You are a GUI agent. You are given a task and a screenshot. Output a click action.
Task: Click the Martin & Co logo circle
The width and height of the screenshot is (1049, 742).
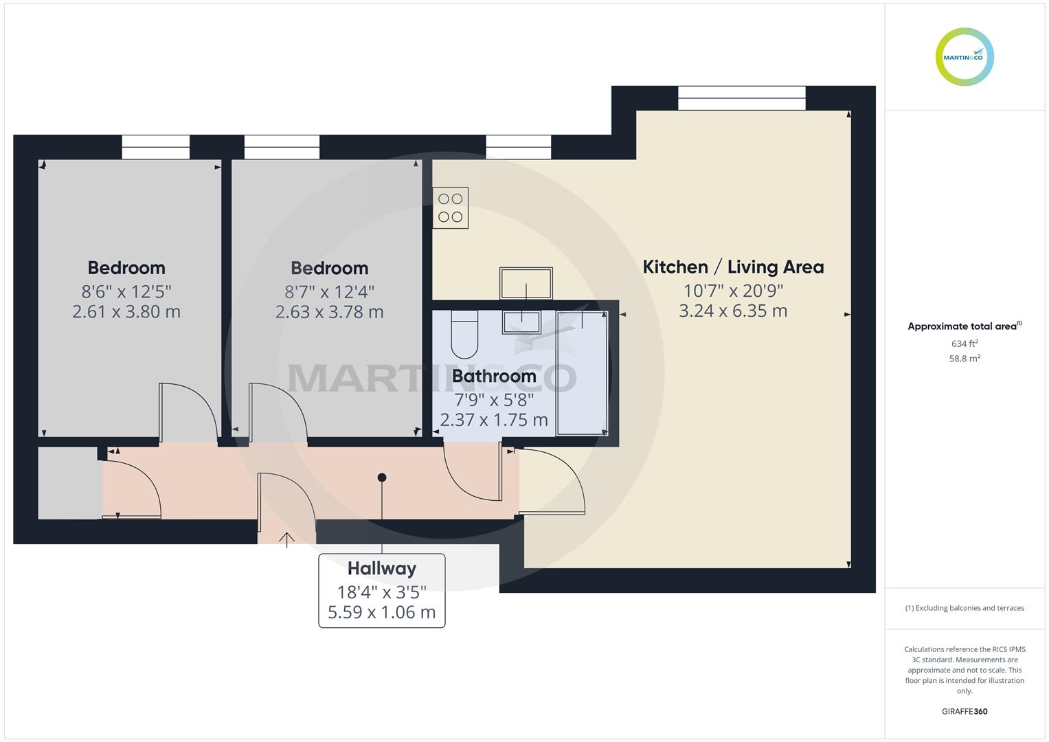(x=965, y=57)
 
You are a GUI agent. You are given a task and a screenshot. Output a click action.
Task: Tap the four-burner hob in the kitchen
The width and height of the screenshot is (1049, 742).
(x=451, y=207)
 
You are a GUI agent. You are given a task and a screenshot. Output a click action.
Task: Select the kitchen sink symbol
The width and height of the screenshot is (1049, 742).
(x=526, y=283)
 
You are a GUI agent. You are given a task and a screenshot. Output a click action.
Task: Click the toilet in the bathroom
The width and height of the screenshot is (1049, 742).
(x=464, y=335)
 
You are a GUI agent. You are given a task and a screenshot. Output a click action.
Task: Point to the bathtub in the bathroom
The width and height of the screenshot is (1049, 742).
(x=582, y=373)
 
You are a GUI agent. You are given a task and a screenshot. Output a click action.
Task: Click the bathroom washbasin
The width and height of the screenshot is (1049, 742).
(x=521, y=322)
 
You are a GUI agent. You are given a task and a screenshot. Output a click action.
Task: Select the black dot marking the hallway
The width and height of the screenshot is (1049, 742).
(x=382, y=477)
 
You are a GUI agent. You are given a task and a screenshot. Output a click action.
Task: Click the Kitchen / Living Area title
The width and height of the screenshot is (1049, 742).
(x=733, y=267)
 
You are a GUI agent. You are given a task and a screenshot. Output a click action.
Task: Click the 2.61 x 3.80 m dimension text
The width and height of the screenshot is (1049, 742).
(x=126, y=312)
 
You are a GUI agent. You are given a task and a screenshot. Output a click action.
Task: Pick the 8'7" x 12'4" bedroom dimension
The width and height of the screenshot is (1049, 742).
(x=329, y=292)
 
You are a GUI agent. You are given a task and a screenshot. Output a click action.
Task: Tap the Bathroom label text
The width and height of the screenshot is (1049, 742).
(x=494, y=376)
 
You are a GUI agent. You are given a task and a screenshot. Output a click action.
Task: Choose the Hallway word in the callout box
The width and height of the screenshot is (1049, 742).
(x=382, y=569)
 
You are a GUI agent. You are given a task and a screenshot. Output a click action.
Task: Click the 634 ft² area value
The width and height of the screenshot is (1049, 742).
(x=965, y=344)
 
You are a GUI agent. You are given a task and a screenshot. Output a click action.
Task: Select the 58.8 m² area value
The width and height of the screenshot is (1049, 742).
(x=965, y=359)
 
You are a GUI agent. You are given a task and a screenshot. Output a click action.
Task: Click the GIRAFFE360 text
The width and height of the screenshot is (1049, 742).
(x=965, y=712)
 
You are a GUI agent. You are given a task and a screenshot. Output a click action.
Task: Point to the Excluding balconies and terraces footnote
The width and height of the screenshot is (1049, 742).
(x=965, y=608)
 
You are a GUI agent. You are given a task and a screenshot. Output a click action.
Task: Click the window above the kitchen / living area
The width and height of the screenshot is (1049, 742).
(x=741, y=98)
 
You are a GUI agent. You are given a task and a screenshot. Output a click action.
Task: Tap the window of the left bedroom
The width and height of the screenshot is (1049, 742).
(x=156, y=147)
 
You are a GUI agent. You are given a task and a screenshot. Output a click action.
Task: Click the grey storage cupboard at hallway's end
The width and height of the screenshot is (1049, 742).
(x=68, y=483)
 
